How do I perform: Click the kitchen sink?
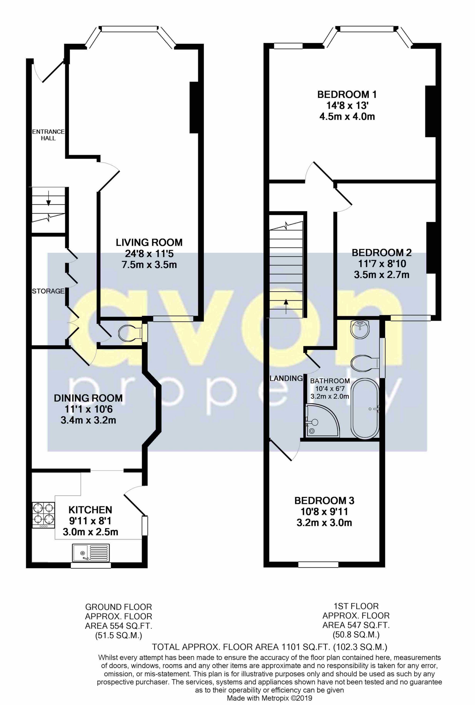pyautogui.click(x=91, y=552)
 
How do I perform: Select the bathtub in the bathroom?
pyautogui.click(x=365, y=408)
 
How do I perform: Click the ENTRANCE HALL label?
pyautogui.click(x=49, y=135)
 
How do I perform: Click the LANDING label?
pyautogui.click(x=286, y=378)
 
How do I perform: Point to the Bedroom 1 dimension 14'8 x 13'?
pyautogui.click(x=347, y=105)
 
